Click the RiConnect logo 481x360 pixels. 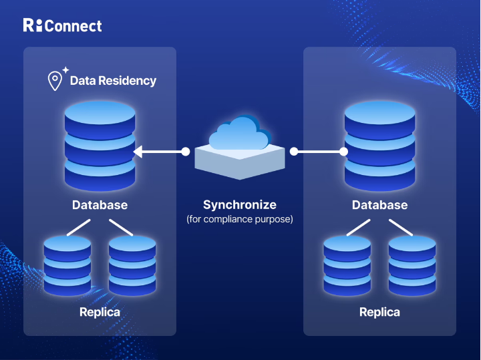point(62,25)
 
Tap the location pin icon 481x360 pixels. point(55,81)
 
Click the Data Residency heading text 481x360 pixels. point(113,81)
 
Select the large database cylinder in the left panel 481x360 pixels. point(100,146)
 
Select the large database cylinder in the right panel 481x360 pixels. point(379,146)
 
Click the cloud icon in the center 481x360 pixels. point(240,133)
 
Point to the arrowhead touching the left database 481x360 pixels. point(138,152)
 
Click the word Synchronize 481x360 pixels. point(240,205)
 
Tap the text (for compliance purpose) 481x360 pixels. point(240,219)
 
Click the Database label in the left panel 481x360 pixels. point(100,205)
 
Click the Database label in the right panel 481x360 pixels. point(379,205)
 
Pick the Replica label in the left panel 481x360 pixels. point(100,312)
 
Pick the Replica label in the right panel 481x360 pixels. point(379,312)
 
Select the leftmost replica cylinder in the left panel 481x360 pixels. point(67,266)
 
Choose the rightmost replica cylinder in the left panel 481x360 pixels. point(132,266)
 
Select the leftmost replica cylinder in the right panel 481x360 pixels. point(347,266)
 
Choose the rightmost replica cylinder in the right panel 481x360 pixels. point(412,266)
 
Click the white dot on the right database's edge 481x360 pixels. point(343,152)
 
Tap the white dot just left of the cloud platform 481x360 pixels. point(186,152)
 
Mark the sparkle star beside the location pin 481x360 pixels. point(65,70)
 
